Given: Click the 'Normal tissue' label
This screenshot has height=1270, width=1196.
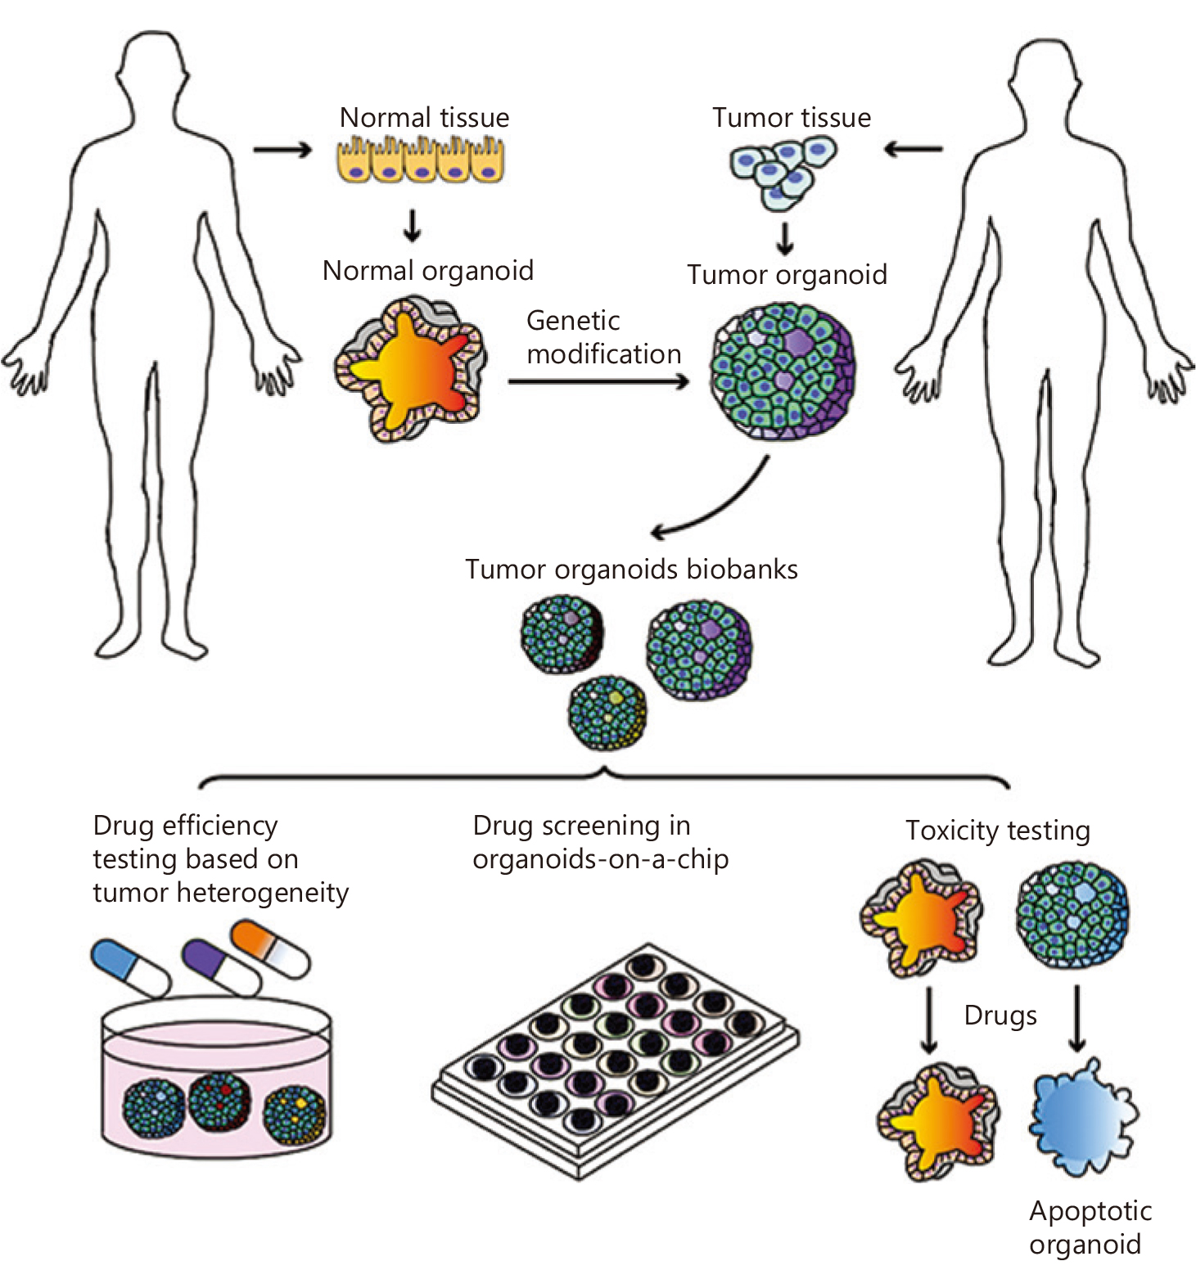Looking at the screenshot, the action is click(x=424, y=118).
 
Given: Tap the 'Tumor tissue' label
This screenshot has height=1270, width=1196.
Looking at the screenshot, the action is click(x=792, y=118).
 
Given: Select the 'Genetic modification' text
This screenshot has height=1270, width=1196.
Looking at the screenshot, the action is click(x=603, y=337).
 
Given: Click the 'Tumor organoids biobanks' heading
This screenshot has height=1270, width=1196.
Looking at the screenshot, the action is click(x=631, y=570).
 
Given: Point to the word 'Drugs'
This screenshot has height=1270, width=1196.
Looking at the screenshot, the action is click(x=1000, y=1016).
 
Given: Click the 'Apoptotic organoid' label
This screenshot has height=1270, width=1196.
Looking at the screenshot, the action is click(x=1090, y=1227).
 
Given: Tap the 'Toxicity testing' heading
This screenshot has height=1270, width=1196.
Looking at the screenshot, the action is click(x=998, y=831).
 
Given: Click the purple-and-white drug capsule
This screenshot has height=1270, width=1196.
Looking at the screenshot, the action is click(x=219, y=967).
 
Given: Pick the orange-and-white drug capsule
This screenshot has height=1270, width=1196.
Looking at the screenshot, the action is click(x=270, y=948).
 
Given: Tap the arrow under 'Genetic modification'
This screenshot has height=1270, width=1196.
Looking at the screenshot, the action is click(x=598, y=381).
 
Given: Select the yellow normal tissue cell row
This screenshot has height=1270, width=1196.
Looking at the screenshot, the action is click(x=421, y=158).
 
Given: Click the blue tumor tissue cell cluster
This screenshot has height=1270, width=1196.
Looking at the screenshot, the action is click(x=783, y=172).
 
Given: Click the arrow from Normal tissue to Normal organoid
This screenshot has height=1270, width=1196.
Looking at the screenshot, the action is click(x=413, y=225).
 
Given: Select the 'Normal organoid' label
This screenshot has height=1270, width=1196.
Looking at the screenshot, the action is click(x=428, y=271).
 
